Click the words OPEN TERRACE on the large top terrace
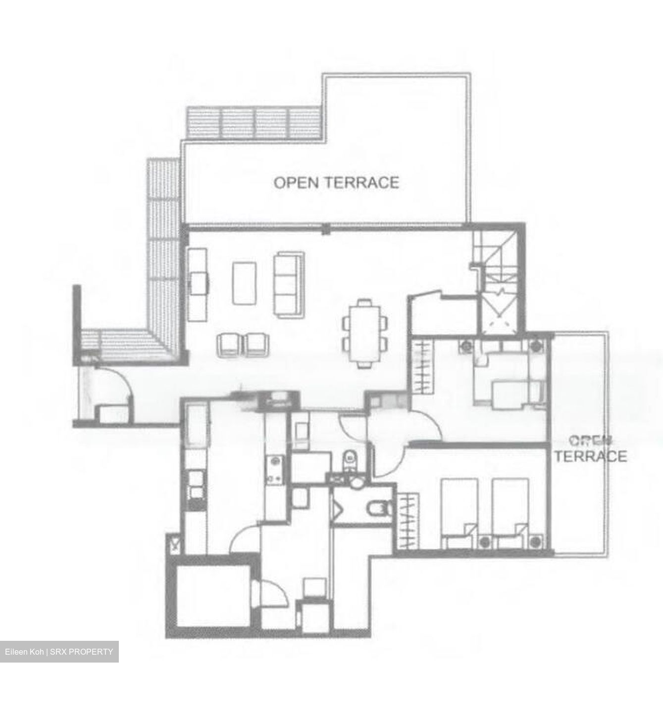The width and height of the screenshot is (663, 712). [336, 182]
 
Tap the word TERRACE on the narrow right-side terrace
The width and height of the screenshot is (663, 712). [590, 456]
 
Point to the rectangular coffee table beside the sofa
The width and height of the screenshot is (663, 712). [244, 283]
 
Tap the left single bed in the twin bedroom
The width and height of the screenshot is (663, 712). [459, 512]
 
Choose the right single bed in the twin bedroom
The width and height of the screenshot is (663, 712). [510, 512]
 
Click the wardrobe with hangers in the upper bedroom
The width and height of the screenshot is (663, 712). [422, 366]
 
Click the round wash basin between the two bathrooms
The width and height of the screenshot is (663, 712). [356, 482]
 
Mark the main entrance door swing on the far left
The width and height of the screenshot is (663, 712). [113, 386]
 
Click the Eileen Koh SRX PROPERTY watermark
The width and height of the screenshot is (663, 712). [59, 652]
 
